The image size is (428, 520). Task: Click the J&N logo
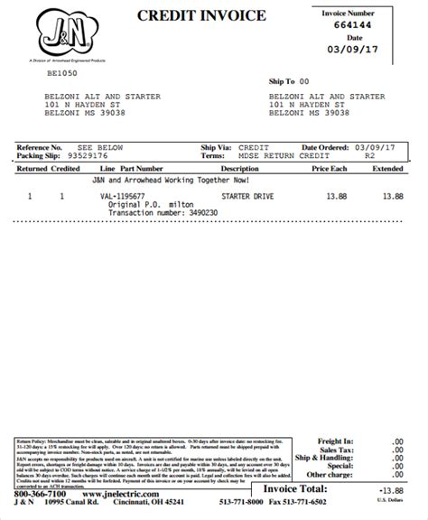59,34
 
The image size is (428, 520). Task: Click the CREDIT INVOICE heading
201,15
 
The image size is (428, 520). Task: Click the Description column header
239,168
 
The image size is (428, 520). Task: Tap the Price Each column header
330,168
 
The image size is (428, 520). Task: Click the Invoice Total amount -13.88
388,487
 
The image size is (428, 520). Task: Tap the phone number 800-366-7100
39,496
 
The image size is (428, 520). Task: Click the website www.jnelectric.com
112,496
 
